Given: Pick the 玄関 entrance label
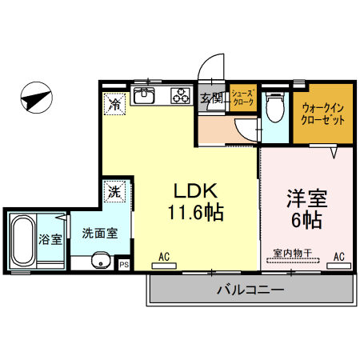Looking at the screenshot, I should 211,99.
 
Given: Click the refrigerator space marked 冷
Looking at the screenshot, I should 115,103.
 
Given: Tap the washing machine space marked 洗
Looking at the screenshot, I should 115,191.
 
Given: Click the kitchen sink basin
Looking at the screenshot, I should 146,98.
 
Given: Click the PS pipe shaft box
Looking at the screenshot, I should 124,264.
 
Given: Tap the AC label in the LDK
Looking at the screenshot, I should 164,257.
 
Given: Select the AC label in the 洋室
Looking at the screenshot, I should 338,257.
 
